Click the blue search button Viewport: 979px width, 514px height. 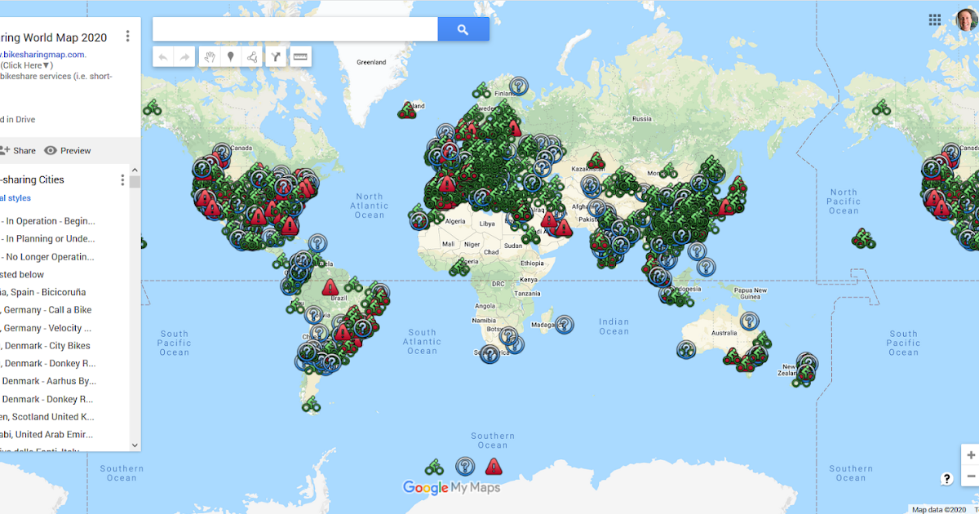(x=463, y=29)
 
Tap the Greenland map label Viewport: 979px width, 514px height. (x=371, y=62)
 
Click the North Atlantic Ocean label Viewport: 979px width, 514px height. (x=369, y=206)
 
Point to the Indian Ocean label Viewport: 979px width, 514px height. (x=614, y=326)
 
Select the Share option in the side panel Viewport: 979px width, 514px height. (x=18, y=150)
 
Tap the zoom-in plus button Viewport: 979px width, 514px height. (x=970, y=455)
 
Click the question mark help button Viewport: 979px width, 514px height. (x=947, y=479)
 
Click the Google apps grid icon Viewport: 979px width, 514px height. (x=935, y=20)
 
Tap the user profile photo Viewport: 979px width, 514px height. (x=968, y=20)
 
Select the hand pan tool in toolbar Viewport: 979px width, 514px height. (x=210, y=56)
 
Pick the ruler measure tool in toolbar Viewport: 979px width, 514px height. (x=300, y=56)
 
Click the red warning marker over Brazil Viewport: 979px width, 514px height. (x=330, y=287)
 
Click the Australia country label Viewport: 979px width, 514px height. (x=724, y=333)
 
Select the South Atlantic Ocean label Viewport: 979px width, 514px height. (x=422, y=341)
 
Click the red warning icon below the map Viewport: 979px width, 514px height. (x=494, y=467)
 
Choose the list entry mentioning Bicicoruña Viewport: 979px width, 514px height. (x=46, y=292)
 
